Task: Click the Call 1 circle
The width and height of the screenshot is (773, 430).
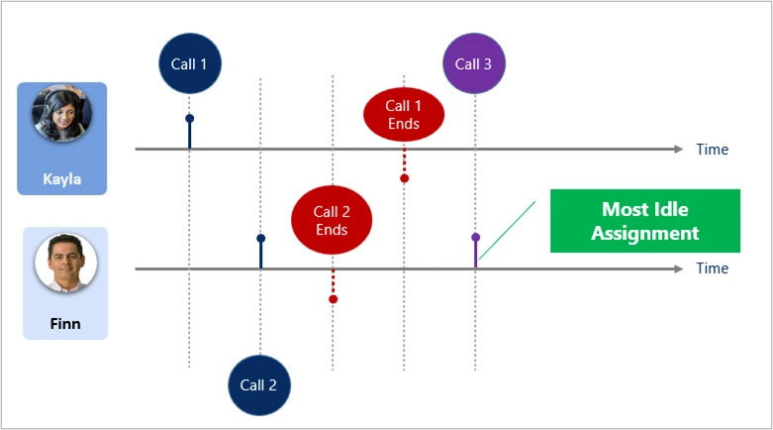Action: point(190,64)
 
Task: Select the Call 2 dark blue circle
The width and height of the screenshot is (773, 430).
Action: point(259,384)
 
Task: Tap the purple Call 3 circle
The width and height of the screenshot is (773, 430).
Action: point(474,64)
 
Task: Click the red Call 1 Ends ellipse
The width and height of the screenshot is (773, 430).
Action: point(403,115)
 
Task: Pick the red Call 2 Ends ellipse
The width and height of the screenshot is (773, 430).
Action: point(333,220)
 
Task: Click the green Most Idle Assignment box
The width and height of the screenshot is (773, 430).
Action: point(644,221)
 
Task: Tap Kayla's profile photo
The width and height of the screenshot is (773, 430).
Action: point(61,114)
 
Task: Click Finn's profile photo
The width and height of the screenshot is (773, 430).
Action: point(64,266)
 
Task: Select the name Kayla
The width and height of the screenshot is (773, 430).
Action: point(61,179)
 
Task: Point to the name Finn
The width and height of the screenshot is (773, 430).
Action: point(64,323)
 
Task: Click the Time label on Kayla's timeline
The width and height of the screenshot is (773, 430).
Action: point(712,150)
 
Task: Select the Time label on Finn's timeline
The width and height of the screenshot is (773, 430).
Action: point(712,269)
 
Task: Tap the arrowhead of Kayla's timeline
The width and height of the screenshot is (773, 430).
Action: point(677,150)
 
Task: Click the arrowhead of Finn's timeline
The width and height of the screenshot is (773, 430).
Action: point(677,269)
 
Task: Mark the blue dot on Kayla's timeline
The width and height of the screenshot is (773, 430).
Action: point(189,119)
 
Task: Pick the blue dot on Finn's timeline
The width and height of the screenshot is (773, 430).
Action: point(260,238)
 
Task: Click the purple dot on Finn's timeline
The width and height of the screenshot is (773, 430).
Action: point(475,238)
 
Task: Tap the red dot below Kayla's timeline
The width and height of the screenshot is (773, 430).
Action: point(404,178)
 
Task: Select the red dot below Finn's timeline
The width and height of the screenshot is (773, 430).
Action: point(333,298)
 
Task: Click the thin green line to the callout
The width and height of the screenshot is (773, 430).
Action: point(507,232)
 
